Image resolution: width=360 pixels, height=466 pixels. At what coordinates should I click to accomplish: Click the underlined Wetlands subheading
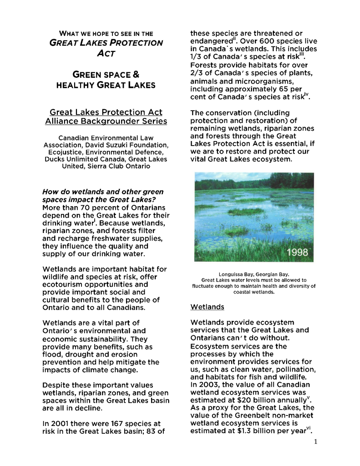click(207, 307)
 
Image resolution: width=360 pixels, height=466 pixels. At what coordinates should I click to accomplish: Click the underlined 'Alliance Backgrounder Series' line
click(106, 121)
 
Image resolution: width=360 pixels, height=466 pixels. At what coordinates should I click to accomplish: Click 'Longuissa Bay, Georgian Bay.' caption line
click(254, 274)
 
